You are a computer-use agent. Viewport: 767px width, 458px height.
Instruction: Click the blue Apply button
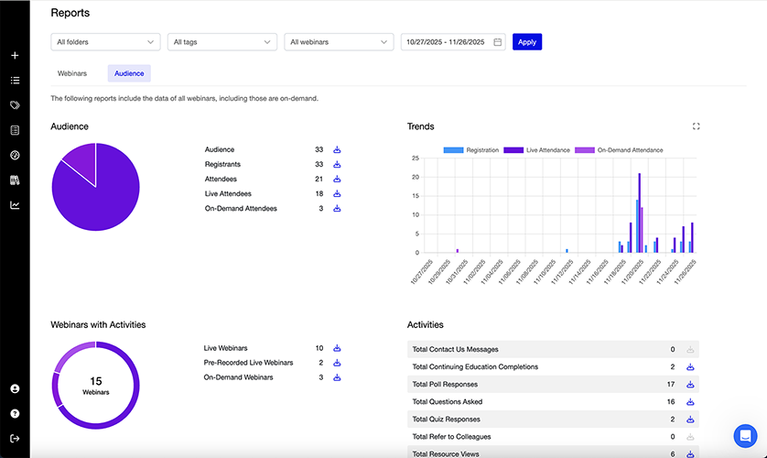click(526, 42)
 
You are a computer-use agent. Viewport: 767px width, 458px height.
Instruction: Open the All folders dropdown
click(105, 42)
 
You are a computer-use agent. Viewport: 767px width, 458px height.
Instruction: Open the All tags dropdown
click(221, 42)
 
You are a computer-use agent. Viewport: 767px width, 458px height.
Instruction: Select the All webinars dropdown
click(339, 42)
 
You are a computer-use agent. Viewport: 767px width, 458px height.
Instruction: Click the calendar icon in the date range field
click(498, 42)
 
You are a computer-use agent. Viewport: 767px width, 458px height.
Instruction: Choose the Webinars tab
click(72, 73)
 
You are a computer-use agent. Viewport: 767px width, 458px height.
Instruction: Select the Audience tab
click(129, 73)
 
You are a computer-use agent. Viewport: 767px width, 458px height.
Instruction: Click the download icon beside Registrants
click(337, 164)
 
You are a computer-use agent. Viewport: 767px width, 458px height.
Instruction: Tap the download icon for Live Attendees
click(337, 193)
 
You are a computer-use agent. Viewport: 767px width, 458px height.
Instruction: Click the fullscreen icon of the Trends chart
click(697, 126)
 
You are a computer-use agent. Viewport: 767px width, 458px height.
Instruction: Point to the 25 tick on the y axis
click(416, 158)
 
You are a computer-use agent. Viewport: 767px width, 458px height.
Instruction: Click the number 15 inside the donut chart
click(95, 380)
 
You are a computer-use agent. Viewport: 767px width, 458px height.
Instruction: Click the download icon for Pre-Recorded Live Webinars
click(337, 363)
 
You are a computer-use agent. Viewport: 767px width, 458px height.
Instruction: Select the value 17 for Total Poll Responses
click(671, 384)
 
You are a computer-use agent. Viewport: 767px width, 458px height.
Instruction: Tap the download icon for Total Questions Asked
click(690, 401)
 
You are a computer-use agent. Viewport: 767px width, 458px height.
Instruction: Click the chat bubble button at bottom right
click(745, 436)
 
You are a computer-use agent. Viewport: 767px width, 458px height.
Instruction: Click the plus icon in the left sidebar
click(15, 56)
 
